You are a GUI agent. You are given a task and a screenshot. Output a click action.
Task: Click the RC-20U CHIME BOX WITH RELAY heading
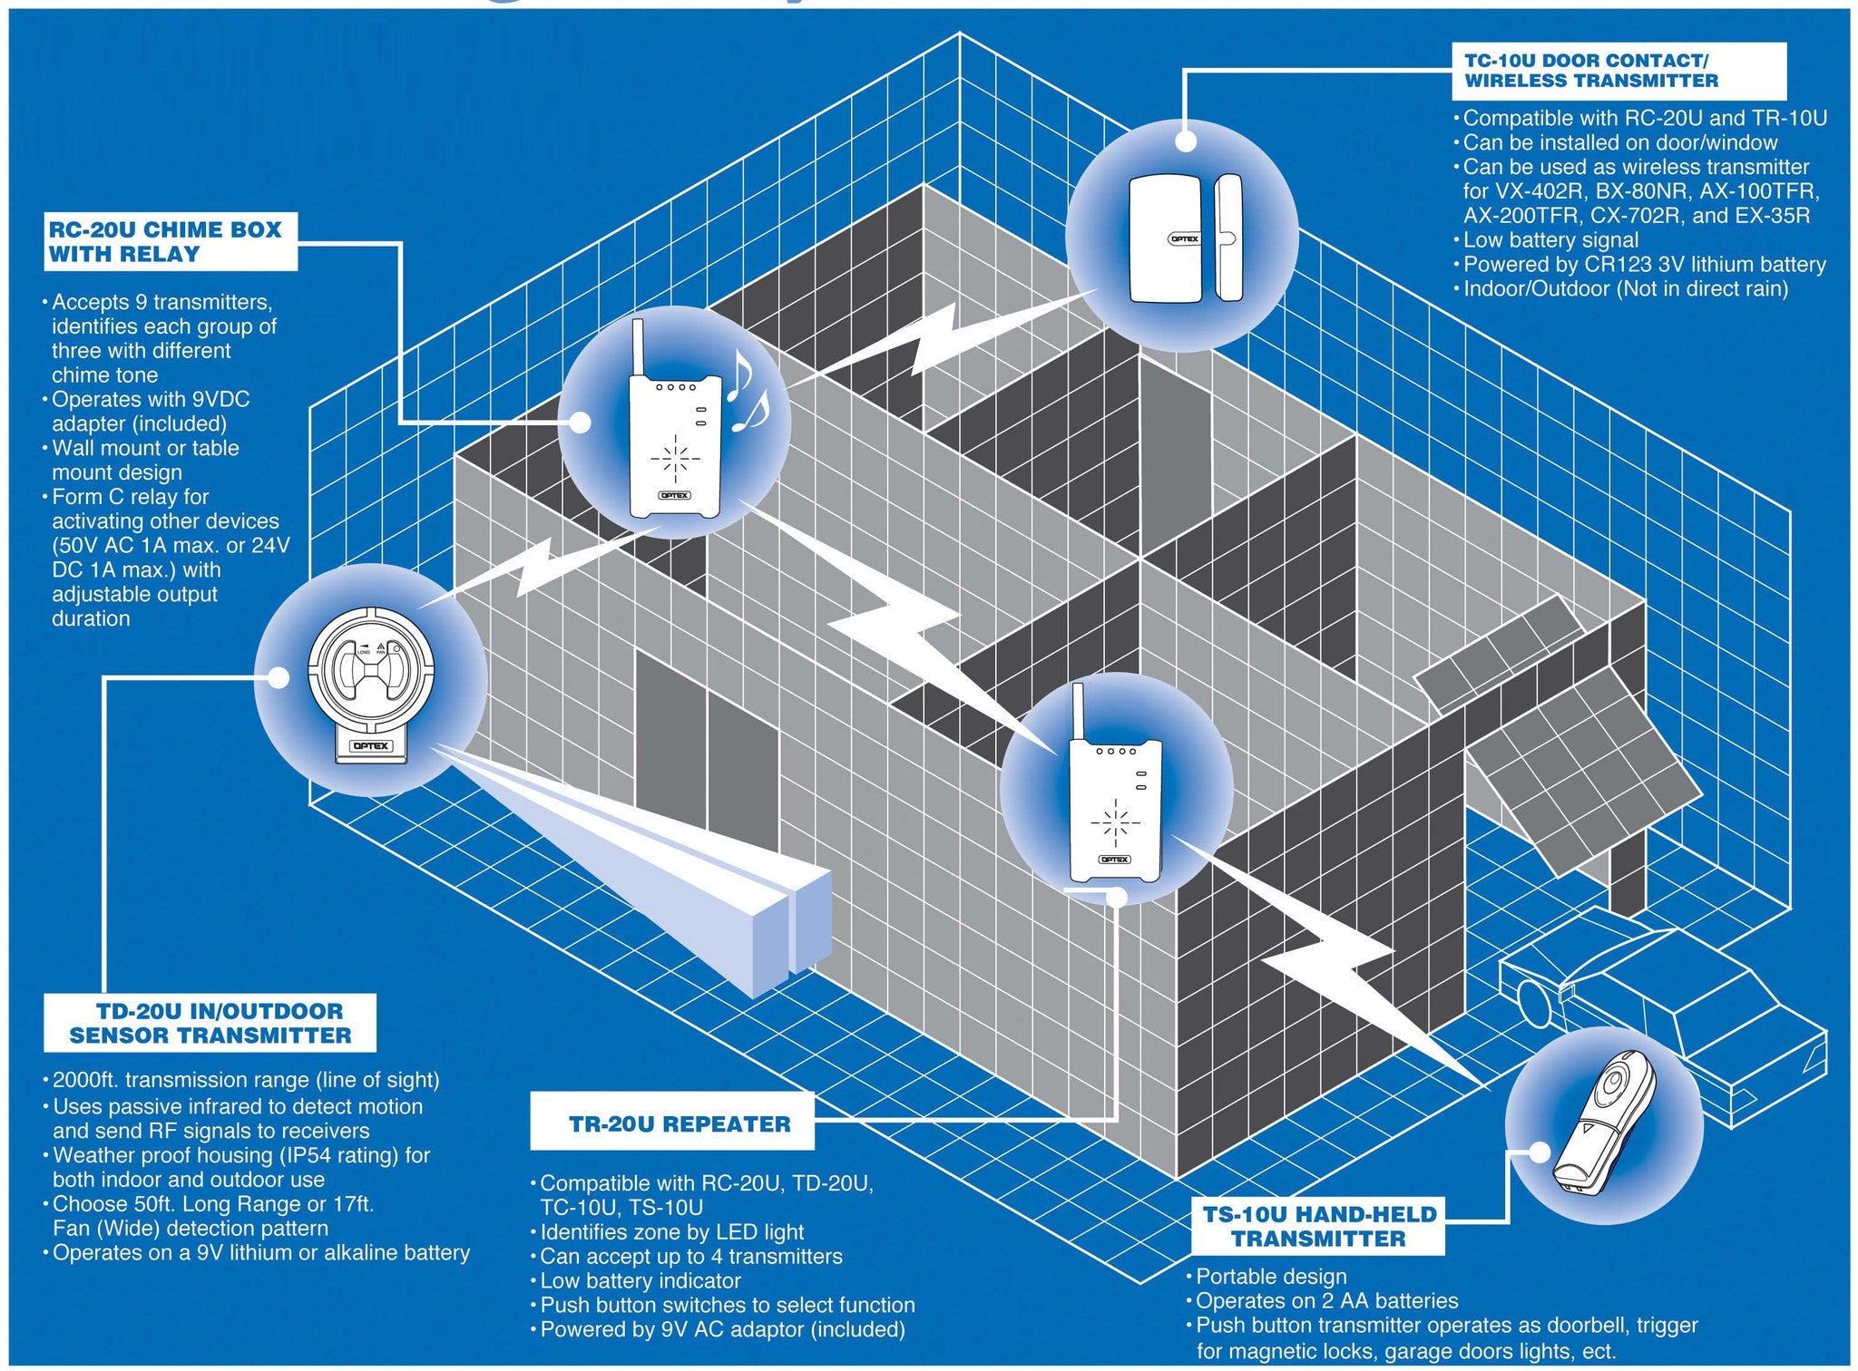click(x=169, y=242)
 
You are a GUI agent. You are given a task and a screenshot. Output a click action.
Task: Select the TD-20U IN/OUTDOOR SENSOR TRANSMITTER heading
click(x=210, y=1023)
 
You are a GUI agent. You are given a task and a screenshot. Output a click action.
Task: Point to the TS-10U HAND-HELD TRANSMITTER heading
click(x=1319, y=1226)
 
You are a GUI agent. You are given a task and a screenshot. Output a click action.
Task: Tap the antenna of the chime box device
click(x=639, y=347)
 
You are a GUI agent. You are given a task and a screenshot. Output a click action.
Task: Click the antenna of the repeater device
click(x=1078, y=711)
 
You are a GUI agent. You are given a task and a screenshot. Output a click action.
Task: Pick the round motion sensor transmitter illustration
click(x=371, y=680)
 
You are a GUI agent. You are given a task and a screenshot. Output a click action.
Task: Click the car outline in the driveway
click(x=1660, y=1025)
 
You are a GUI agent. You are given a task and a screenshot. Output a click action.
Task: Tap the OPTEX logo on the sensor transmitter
click(x=371, y=746)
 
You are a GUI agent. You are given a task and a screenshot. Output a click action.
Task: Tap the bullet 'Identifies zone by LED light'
click(x=671, y=1232)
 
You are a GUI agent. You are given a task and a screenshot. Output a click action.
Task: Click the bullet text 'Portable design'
click(x=1270, y=1277)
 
